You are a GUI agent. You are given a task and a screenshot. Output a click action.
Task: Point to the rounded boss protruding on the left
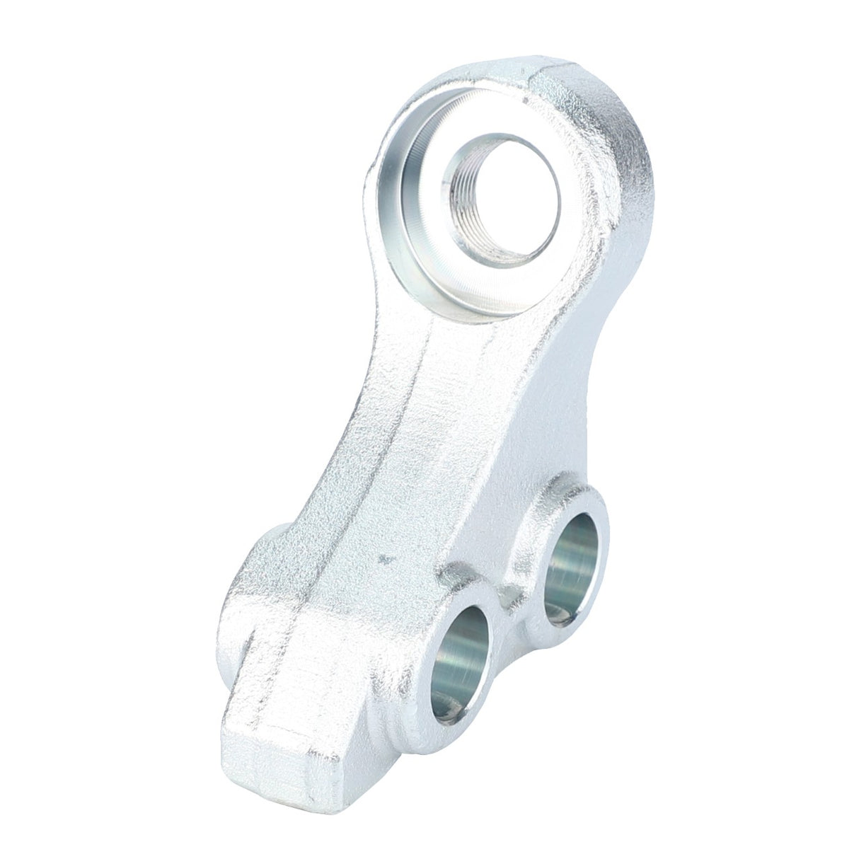[x=265, y=559]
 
